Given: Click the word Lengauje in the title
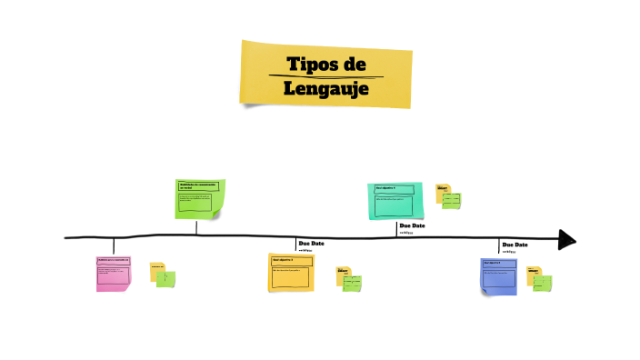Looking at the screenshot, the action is point(325,89).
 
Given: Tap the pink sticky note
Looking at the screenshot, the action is point(114,274).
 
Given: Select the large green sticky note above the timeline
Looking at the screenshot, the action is point(200,199).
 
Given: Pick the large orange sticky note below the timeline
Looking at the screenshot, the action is point(291,273).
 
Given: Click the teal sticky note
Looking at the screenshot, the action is point(395,201).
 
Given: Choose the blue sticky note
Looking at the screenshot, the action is point(499,276).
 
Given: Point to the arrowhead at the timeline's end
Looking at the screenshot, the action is point(567,239).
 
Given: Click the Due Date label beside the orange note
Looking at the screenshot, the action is point(311,244).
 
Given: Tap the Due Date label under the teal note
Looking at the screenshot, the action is point(412,225).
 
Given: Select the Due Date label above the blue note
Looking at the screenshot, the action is point(515,245).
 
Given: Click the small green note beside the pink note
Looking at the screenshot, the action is point(165,278).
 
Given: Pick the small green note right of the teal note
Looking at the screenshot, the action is point(451,200).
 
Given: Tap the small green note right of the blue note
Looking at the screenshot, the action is point(542,283).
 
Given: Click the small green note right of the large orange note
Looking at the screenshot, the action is point(352,283).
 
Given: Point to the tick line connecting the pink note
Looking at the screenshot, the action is point(114,246).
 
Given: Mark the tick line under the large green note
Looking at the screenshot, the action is point(196,227).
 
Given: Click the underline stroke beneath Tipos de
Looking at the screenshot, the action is point(325,76).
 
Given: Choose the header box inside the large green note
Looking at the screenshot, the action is point(198,186).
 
